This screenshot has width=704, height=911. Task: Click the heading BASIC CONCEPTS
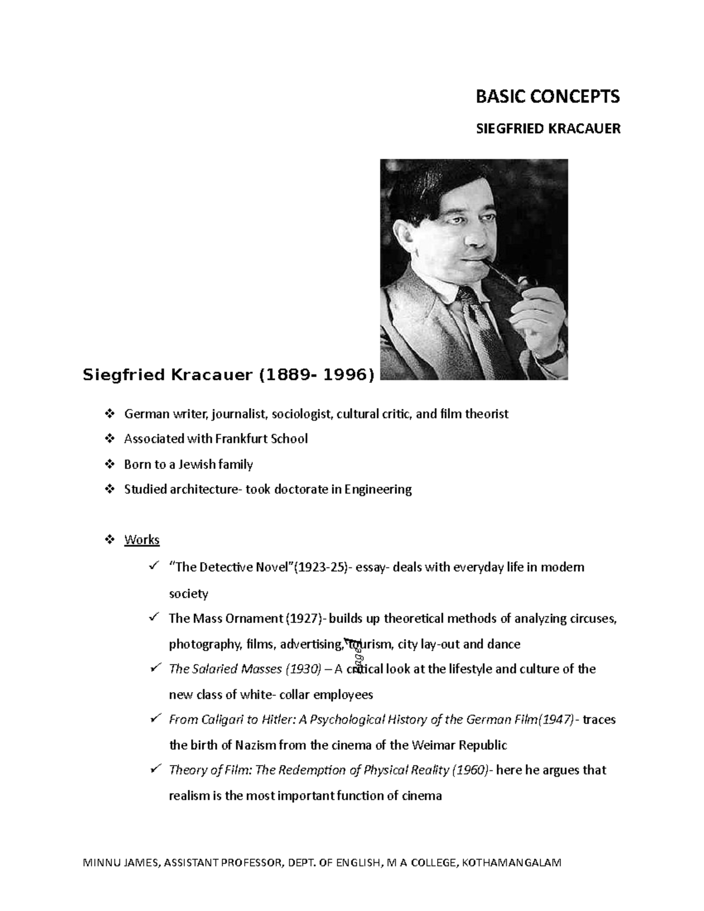547,97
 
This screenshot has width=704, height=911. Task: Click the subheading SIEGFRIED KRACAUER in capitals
547,129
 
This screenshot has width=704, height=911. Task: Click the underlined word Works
141,540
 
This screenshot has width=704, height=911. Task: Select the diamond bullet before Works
109,540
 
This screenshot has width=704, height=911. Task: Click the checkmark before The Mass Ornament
154,617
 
